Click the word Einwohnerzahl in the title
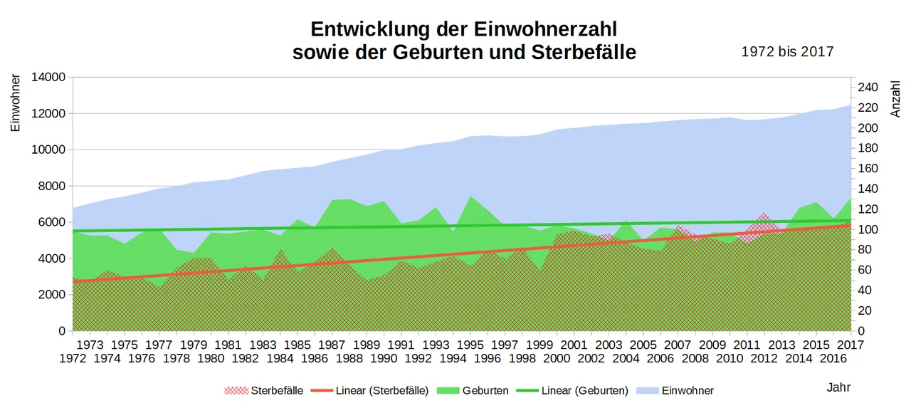pyautogui.click(x=541, y=29)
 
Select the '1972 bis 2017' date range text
pyautogui.click(x=787, y=52)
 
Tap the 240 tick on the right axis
pyautogui.click(x=868, y=88)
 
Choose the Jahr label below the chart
pyautogui.click(x=838, y=387)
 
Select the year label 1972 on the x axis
pyautogui.click(x=73, y=358)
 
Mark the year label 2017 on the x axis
pyautogui.click(x=851, y=345)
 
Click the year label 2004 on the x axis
pyautogui.click(x=626, y=358)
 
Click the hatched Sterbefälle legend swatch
pyautogui.click(x=236, y=390)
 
